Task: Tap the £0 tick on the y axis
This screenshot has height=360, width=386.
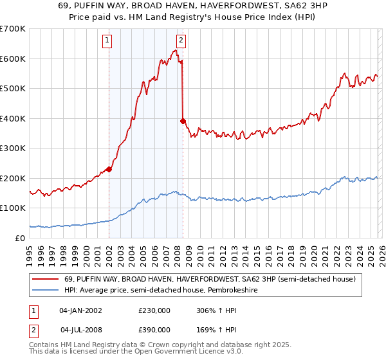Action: tap(21, 238)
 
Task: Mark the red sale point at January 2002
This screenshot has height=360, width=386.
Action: tap(109, 170)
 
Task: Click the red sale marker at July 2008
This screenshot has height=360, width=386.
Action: tap(183, 121)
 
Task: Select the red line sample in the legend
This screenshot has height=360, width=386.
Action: tap(46, 279)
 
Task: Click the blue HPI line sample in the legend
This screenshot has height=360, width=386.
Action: tap(46, 291)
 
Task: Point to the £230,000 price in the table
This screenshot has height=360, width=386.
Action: tap(154, 310)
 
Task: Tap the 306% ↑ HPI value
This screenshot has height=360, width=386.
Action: tap(216, 310)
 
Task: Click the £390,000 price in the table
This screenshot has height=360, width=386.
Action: tap(154, 330)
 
